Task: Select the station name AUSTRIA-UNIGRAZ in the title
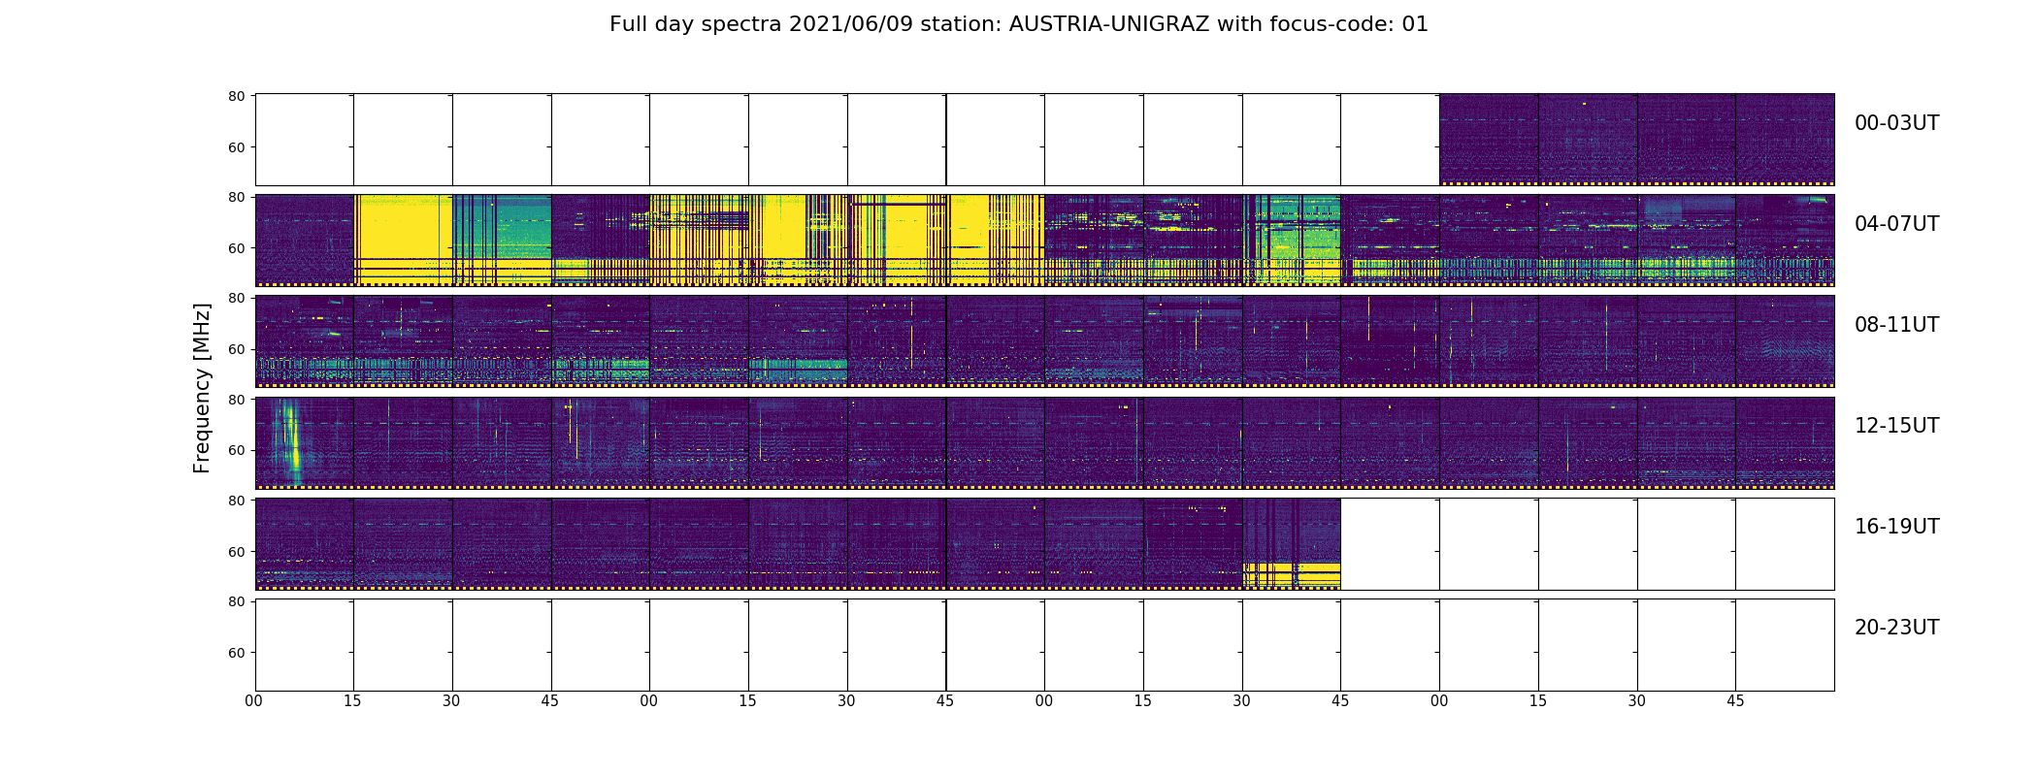[1109, 24]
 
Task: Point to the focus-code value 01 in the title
[1415, 24]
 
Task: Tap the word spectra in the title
[748, 24]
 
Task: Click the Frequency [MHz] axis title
[202, 388]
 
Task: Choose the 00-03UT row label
[1896, 123]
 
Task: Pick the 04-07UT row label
[1896, 224]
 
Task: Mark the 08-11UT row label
[1896, 325]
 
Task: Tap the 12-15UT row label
[1896, 426]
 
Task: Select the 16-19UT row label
[1896, 527]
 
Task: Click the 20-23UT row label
[1896, 628]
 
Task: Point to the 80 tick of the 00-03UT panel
[236, 96]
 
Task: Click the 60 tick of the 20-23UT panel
[236, 653]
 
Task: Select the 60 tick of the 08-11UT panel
[236, 349]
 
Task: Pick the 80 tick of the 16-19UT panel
[236, 501]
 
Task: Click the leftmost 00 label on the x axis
[254, 700]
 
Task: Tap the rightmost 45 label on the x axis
[1735, 700]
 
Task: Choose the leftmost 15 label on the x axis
[352, 700]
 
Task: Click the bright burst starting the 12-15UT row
[289, 441]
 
